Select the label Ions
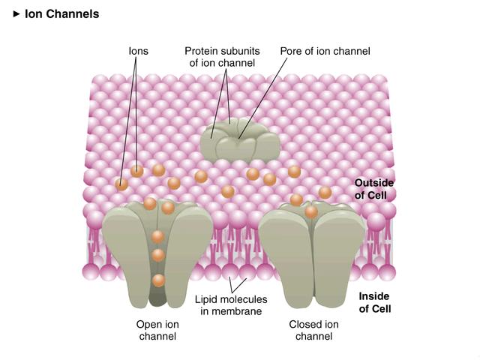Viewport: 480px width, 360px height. (137, 51)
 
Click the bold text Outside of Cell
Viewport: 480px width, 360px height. (374, 189)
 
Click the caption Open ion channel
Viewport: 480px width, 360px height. (157, 330)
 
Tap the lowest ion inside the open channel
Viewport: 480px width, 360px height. (158, 281)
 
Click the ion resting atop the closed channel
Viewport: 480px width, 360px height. (311, 212)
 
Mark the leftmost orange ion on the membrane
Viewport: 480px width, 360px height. (121, 184)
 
